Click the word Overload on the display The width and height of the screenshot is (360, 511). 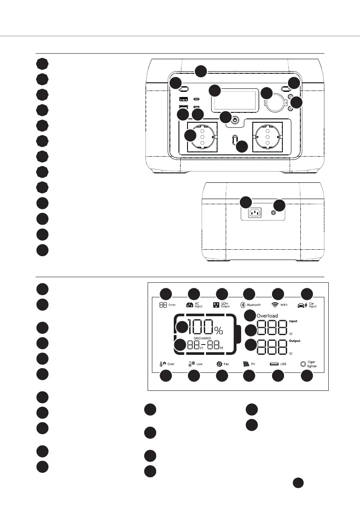267,316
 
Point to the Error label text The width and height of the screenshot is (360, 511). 172,305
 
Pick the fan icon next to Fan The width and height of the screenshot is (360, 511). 219,364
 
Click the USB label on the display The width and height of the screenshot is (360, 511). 283,364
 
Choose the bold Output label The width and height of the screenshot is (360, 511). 294,341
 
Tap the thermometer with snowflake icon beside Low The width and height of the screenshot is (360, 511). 191,364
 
